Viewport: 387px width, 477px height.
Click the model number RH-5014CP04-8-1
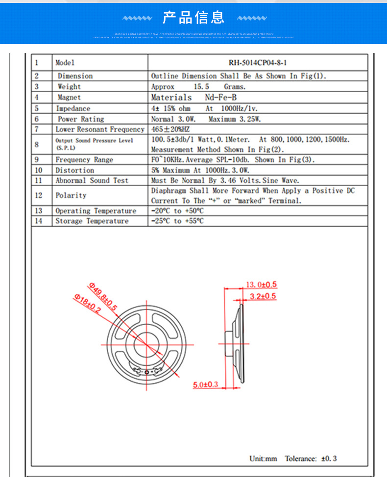coord(258,63)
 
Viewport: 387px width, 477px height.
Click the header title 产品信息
coord(193,18)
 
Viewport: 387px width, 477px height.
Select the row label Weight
coord(69,87)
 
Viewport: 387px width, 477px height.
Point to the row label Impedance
coord(73,108)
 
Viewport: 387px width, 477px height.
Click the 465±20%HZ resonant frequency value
coord(170,129)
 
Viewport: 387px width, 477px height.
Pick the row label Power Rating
coord(81,119)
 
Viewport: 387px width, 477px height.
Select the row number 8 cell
coord(37,144)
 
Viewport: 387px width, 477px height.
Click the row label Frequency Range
coord(84,160)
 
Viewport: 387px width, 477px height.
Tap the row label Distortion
coord(74,170)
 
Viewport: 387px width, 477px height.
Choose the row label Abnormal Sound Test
coord(92,180)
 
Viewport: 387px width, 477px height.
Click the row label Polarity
coord(71,195)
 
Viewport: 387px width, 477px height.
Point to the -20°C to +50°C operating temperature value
coord(177,211)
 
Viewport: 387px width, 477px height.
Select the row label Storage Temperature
coord(92,221)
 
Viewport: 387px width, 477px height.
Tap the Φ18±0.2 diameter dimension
coord(87,304)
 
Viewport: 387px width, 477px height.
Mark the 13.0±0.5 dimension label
coord(261,285)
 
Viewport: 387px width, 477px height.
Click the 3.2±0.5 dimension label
coord(263,296)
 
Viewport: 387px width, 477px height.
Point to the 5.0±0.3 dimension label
coord(205,384)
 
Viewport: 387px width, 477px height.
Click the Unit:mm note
coord(263,458)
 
